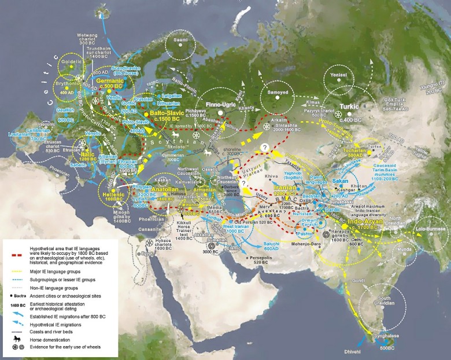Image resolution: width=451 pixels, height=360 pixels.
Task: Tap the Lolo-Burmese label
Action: pos(429,229)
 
